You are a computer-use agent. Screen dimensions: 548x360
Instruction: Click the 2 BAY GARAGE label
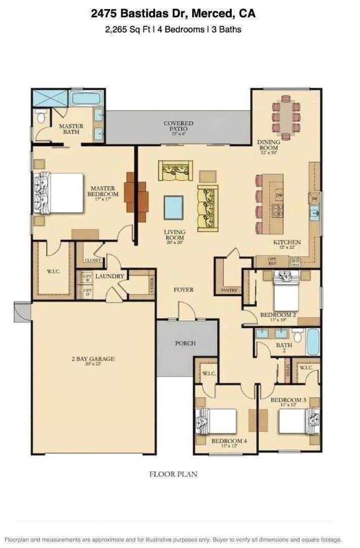coord(93,359)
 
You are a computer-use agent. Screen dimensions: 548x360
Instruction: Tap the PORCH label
coord(185,343)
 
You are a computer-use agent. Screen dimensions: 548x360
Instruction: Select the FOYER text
coord(183,290)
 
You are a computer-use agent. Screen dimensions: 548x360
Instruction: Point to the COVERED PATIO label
coord(178,126)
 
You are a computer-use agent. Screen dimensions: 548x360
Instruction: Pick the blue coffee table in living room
coord(173,207)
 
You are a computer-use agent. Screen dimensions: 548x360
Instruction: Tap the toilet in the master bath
coord(41,118)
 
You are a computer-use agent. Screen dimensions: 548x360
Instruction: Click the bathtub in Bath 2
coord(313,342)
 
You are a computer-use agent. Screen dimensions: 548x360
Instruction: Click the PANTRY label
coord(229,290)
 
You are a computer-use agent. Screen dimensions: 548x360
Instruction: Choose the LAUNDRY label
coord(110,276)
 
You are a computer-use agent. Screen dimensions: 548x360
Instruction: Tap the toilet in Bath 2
coord(298,335)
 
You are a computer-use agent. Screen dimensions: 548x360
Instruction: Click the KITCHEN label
coord(287,242)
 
